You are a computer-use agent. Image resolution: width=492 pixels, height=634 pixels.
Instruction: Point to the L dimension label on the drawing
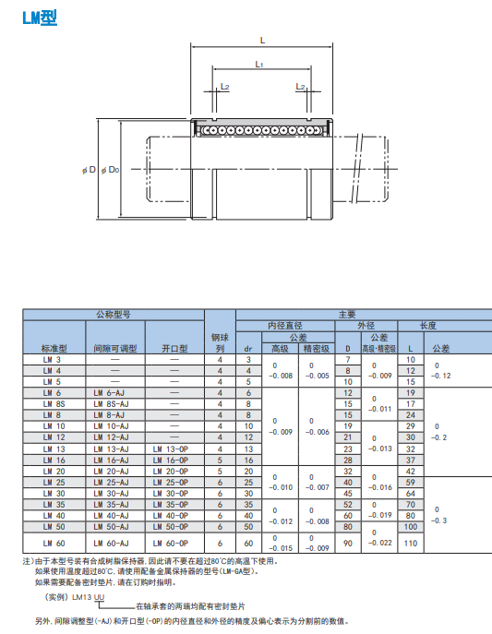click(x=262, y=40)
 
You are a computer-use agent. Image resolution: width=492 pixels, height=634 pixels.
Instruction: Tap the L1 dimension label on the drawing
click(x=259, y=65)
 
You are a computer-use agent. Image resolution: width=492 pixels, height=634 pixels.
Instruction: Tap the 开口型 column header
click(x=174, y=349)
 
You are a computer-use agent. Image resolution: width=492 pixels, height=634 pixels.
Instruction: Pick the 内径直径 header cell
click(x=285, y=326)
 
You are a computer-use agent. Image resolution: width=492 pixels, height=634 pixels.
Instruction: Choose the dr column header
click(x=247, y=349)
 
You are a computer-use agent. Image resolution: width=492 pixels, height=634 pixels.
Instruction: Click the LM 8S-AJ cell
click(x=112, y=403)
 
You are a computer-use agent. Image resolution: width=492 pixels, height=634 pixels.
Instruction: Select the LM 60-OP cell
click(x=171, y=544)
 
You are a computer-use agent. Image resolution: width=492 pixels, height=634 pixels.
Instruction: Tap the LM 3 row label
click(x=52, y=359)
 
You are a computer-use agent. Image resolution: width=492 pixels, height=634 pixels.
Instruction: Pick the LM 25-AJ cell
click(x=112, y=482)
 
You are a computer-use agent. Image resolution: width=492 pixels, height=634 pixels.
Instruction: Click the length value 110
click(x=411, y=544)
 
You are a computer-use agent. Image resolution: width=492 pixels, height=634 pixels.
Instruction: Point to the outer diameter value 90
click(x=348, y=544)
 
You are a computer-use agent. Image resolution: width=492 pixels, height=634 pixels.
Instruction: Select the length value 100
click(x=411, y=526)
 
